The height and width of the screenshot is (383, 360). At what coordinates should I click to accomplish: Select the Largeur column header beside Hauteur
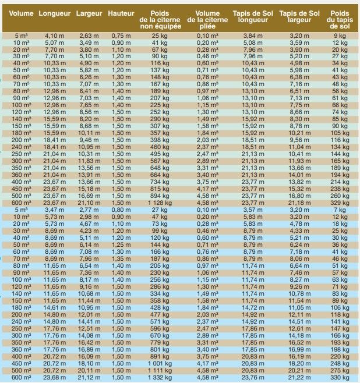(90, 13)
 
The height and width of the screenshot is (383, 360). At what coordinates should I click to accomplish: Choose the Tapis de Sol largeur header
(299, 16)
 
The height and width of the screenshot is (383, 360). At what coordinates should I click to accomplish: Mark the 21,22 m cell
(298, 378)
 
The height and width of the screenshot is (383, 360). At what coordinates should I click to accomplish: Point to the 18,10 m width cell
(89, 363)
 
